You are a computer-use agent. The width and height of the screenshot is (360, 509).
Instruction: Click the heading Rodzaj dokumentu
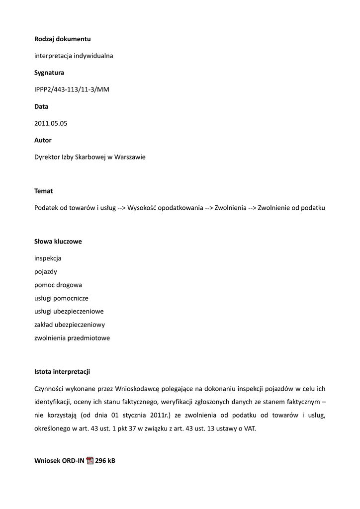pyautogui.click(x=62, y=39)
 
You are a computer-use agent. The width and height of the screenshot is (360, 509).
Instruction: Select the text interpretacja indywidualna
pyautogui.click(x=74, y=56)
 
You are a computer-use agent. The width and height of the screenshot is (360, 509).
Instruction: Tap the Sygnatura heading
pyautogui.click(x=49, y=73)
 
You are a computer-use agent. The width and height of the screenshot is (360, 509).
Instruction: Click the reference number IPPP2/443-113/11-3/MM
pyautogui.click(x=72, y=89)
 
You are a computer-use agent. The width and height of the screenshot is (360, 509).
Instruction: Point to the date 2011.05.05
pyautogui.click(x=51, y=123)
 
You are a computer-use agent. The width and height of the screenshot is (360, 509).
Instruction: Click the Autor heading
pyautogui.click(x=43, y=140)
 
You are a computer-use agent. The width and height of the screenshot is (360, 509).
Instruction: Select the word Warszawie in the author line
pyautogui.click(x=130, y=157)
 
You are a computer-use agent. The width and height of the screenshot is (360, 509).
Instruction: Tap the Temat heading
pyautogui.click(x=43, y=191)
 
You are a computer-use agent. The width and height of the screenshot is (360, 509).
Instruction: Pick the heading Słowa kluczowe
pyautogui.click(x=58, y=242)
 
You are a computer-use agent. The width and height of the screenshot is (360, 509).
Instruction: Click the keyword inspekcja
pyautogui.click(x=48, y=258)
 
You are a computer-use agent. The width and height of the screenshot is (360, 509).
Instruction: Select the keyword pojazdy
pyautogui.click(x=46, y=272)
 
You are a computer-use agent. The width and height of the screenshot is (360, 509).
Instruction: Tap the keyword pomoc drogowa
pyautogui.click(x=58, y=285)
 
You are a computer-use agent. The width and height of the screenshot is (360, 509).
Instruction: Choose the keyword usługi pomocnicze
pyautogui.click(x=61, y=298)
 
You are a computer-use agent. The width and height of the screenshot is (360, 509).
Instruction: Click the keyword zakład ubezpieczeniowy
pyautogui.click(x=70, y=325)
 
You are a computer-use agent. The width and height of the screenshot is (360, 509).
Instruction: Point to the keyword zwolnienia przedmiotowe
pyautogui.click(x=72, y=338)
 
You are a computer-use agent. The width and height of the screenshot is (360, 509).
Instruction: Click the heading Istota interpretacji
pyautogui.click(x=62, y=372)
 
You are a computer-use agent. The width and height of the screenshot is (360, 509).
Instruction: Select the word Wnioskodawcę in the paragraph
pyautogui.click(x=137, y=389)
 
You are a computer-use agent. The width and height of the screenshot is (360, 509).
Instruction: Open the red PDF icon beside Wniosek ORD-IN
pyautogui.click(x=90, y=461)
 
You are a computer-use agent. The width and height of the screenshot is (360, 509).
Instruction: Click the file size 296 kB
pyautogui.click(x=105, y=461)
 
